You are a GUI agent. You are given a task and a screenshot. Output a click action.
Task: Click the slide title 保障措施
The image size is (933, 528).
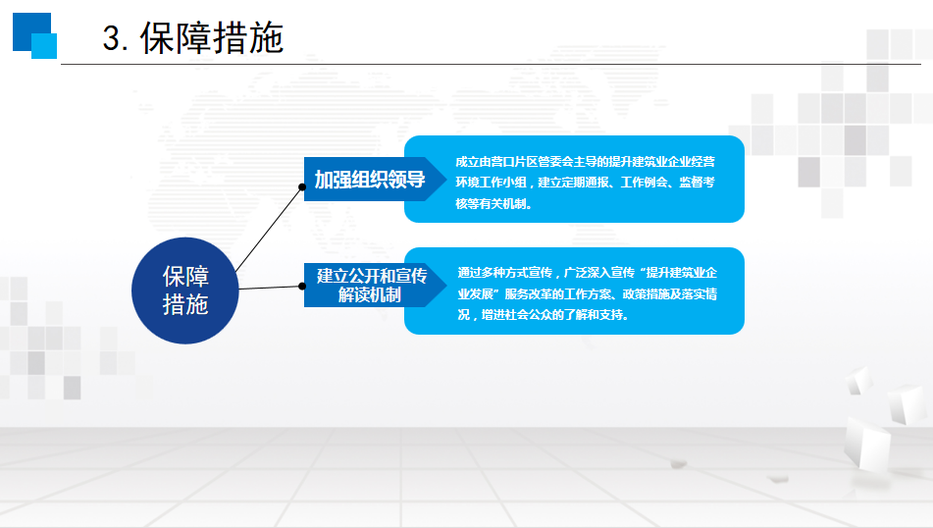[x=212, y=38]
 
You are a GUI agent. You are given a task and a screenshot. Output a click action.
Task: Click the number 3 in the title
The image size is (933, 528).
[x=112, y=38]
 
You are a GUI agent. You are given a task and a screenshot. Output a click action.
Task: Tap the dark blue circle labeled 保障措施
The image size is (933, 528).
[x=185, y=290]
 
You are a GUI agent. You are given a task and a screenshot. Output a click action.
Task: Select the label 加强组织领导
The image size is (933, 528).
[x=370, y=180]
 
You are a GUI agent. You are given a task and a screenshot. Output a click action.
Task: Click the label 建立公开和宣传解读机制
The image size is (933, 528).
[x=371, y=286]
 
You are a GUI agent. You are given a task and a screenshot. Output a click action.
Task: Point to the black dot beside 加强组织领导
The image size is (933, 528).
[x=302, y=186]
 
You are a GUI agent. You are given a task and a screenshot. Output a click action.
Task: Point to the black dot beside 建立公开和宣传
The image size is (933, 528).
[x=302, y=287]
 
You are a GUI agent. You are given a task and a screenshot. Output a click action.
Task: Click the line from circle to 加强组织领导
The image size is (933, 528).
[x=269, y=230]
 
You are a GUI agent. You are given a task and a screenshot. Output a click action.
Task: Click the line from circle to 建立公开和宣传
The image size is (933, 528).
[x=270, y=288]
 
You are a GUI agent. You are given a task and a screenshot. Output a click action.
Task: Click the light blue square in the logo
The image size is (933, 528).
[x=44, y=46]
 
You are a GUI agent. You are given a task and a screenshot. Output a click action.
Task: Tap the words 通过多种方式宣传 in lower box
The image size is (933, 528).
[x=505, y=273]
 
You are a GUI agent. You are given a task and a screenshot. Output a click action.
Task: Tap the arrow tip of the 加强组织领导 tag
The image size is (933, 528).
[x=446, y=180]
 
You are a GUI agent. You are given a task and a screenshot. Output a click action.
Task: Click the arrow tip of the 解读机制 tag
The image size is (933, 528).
[x=446, y=286]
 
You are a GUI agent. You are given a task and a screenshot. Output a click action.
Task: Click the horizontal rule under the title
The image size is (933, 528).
[x=491, y=64]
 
